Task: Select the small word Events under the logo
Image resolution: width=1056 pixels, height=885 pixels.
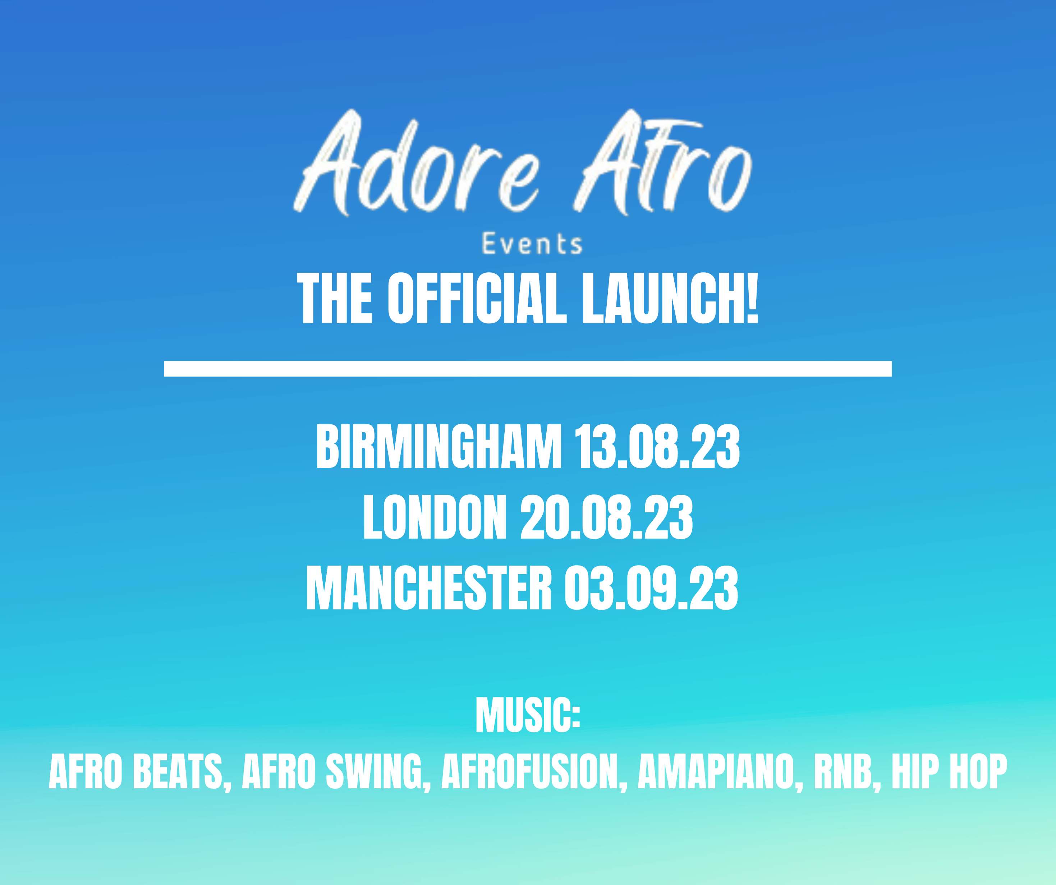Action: [532, 244]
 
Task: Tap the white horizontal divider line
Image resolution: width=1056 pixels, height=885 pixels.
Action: [528, 369]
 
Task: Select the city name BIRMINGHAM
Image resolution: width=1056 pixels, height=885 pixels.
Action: [439, 446]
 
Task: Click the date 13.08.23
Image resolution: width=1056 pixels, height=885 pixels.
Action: [657, 446]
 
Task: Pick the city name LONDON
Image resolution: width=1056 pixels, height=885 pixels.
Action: [435, 517]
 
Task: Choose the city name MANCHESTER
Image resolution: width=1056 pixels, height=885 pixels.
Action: [429, 588]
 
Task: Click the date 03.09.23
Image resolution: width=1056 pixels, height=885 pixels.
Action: [651, 588]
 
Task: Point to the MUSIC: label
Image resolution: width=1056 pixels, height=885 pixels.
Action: [528, 715]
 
